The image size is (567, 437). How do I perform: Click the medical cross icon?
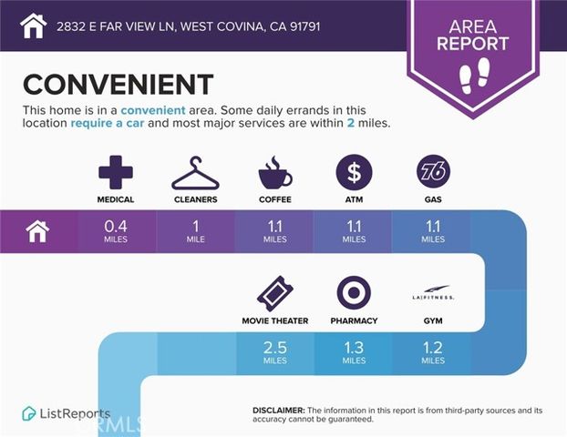(116, 171)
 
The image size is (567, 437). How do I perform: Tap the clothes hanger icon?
(195, 172)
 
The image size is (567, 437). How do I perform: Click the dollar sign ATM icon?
(354, 171)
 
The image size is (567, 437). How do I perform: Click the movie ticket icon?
(274, 293)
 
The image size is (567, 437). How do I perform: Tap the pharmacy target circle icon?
(354, 293)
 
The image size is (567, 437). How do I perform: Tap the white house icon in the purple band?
(37, 231)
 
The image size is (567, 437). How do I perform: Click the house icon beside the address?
(33, 25)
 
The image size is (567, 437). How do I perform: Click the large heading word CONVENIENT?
(118, 85)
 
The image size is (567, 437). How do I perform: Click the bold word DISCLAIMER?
(278, 411)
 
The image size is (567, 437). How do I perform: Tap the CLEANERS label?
(195, 199)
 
